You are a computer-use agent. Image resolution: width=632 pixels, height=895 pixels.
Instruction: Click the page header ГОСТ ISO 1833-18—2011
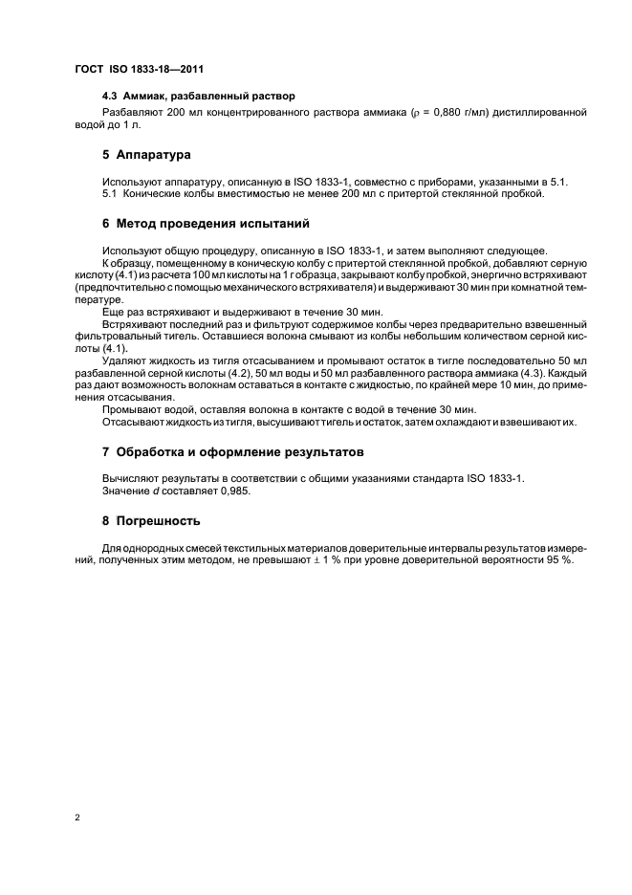[x=140, y=70]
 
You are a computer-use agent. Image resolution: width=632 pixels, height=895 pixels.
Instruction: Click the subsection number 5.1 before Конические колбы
[x=110, y=194]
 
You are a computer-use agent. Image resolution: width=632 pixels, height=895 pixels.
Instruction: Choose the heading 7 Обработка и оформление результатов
[x=232, y=452]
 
